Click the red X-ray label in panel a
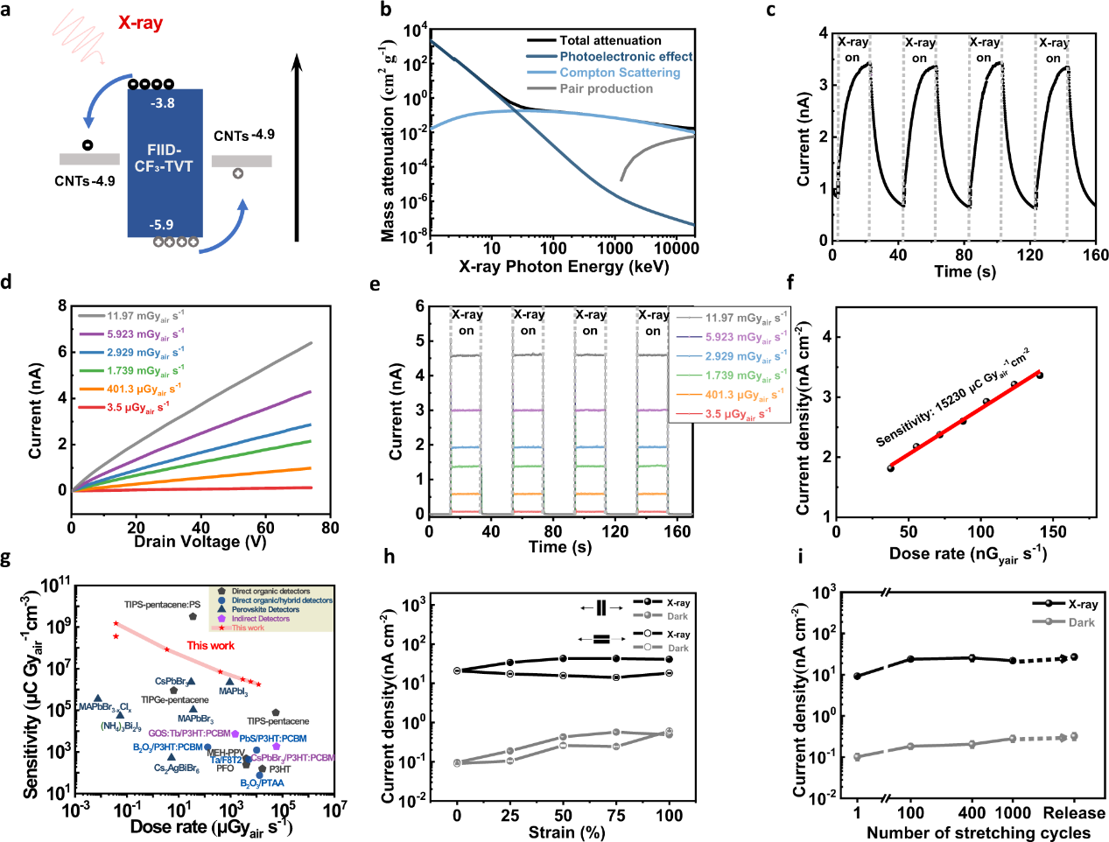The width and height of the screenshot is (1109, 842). click(140, 23)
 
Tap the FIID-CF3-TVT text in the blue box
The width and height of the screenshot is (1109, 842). click(164, 158)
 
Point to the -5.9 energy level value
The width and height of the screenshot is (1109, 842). click(162, 225)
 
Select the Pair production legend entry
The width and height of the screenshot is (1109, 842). click(606, 88)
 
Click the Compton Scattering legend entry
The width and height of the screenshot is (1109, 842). click(619, 73)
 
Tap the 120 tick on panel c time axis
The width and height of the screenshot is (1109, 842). click(1030, 255)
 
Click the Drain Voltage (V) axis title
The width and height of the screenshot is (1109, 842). click(200, 542)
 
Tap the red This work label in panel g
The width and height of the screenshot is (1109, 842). click(210, 646)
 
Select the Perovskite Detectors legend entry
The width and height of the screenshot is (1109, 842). click(265, 610)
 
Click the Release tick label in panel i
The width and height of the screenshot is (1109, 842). click(1074, 813)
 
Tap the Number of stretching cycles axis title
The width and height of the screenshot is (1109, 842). click(978, 832)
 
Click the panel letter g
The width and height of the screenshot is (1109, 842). click(7, 558)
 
